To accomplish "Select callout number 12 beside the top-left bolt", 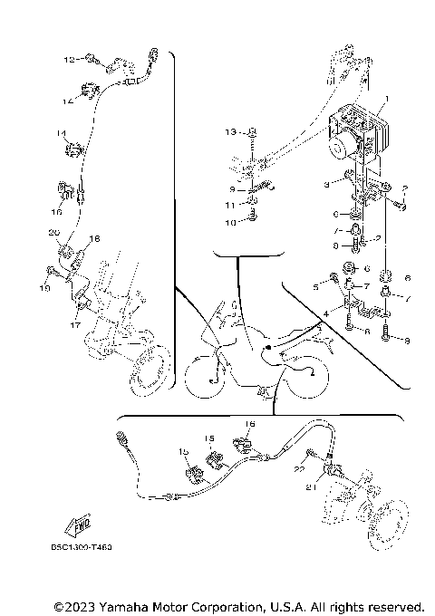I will (68, 59).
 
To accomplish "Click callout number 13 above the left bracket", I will (230, 132).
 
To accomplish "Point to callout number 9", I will (232, 191).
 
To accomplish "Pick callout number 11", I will (230, 207).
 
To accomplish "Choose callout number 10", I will (230, 222).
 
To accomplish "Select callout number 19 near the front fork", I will (42, 288).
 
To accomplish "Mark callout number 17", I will (76, 323).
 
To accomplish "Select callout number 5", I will (316, 286).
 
